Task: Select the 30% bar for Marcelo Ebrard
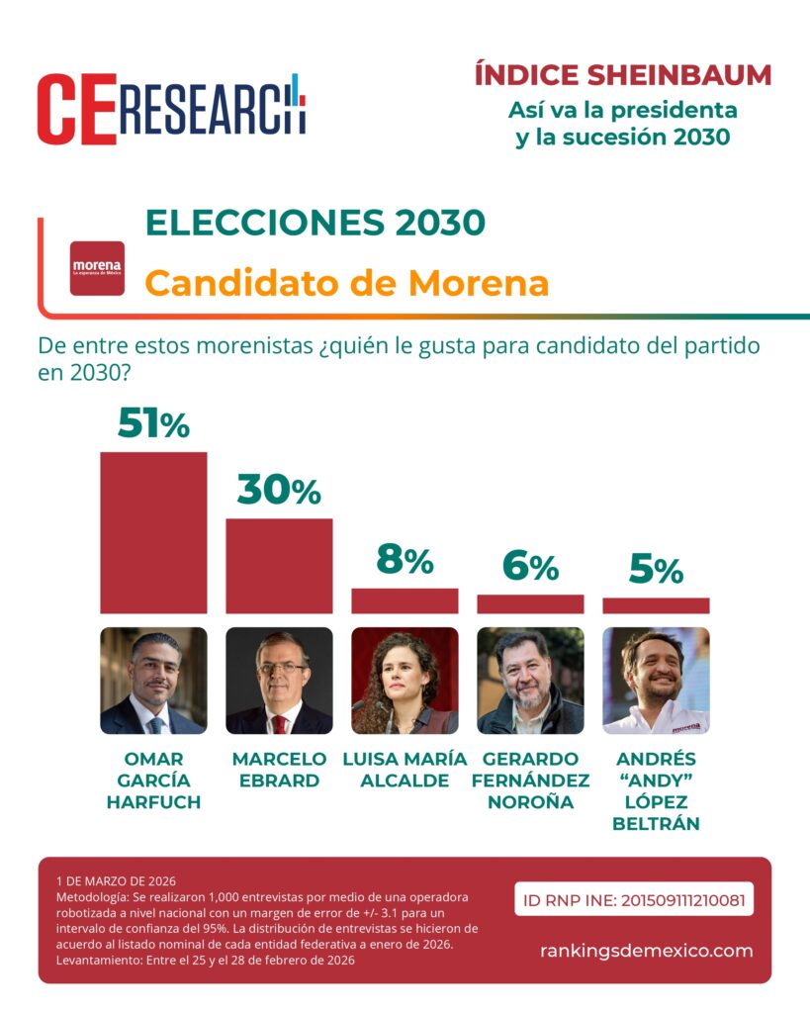pos(279,566)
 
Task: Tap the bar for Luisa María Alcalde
pos(405,601)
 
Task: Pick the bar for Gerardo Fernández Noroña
pos(530,603)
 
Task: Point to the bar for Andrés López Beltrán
pos(656,605)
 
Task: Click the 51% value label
pos(153,424)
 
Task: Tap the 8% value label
pos(405,561)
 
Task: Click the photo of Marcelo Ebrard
pos(279,681)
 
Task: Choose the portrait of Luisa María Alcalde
pos(405,681)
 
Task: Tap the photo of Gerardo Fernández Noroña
pos(530,681)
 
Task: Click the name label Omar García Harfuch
pos(153,781)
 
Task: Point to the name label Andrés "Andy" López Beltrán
pos(656,790)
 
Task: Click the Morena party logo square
pos(97,268)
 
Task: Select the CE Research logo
pos(171,109)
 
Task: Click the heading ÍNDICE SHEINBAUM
pos(622,75)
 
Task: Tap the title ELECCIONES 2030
pos(315,223)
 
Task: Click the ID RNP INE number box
pos(634,900)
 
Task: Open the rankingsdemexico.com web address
pos(646,951)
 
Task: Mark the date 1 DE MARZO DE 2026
pos(116,880)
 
